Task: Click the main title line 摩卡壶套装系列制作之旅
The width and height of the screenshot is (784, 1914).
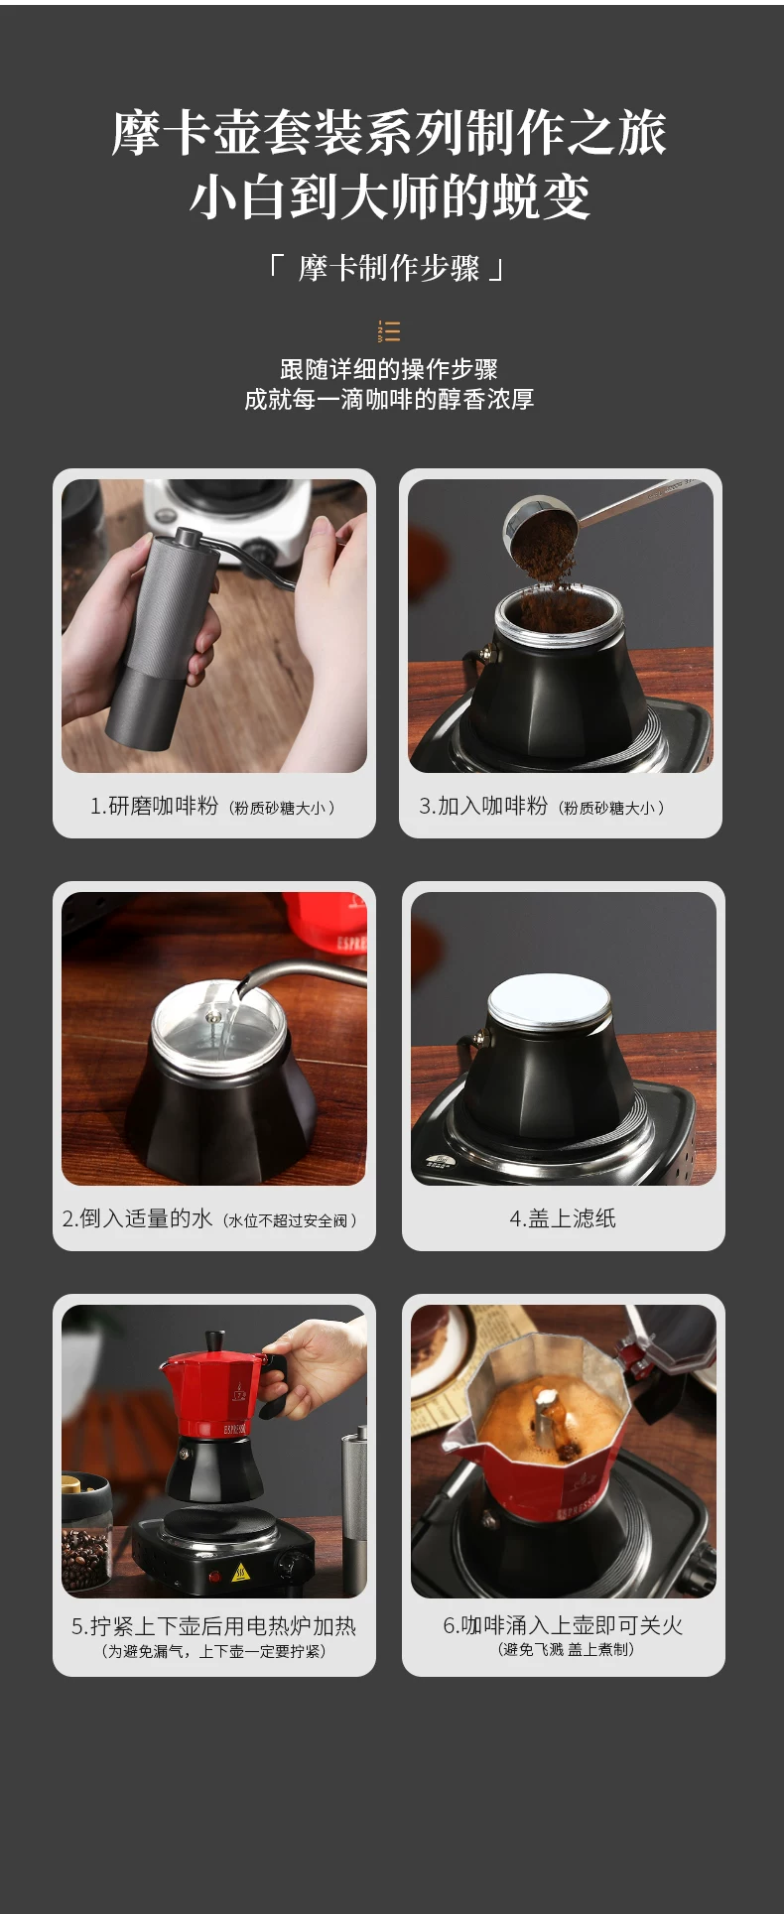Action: [389, 133]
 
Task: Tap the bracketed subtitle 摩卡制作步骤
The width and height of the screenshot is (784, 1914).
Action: [389, 268]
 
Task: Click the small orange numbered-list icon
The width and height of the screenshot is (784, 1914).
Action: [389, 330]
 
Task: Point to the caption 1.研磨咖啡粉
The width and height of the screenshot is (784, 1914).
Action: [154, 806]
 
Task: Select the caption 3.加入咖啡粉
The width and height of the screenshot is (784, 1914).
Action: [483, 806]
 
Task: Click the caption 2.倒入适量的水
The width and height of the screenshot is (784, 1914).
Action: [137, 1218]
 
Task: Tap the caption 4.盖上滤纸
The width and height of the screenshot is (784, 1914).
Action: [563, 1218]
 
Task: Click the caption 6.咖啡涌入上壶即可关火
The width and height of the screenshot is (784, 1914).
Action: [563, 1625]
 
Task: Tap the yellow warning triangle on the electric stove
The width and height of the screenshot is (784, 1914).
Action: [240, 1573]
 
